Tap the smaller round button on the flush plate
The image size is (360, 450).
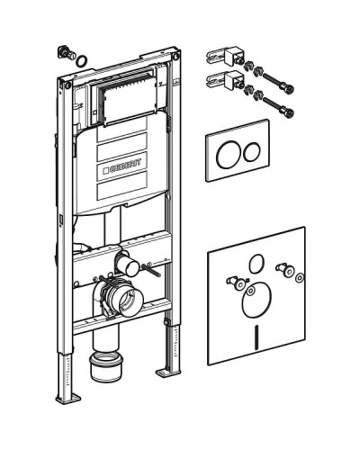pos(252,152)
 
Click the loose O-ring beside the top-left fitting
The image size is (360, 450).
pos(81,60)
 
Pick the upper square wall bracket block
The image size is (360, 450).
pos(233,55)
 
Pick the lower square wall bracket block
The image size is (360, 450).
pos(233,80)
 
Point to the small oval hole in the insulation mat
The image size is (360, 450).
pos(256,264)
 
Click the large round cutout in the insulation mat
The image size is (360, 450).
pos(256,300)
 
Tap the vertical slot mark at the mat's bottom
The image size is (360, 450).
pos(257,337)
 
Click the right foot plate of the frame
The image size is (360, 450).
pos(168,372)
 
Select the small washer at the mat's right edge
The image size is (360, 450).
pos(299,278)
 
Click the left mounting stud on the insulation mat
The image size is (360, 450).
pos(235,283)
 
